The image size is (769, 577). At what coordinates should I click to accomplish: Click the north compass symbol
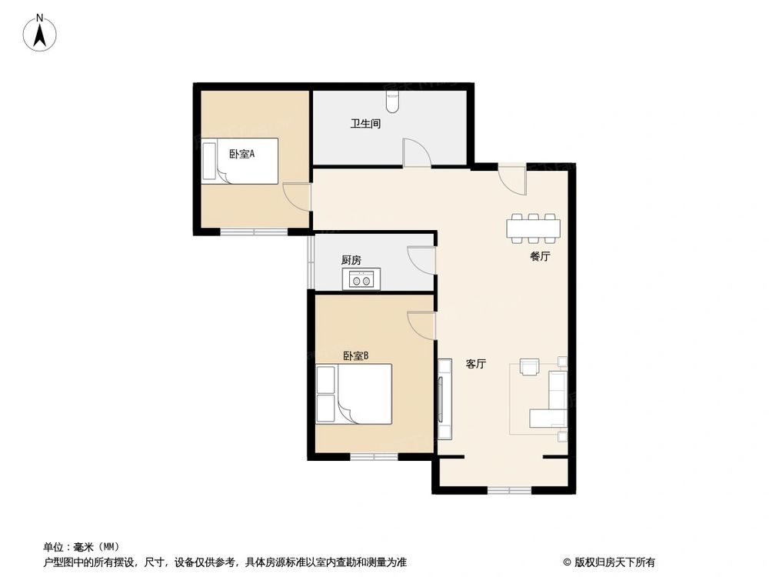pos(40,34)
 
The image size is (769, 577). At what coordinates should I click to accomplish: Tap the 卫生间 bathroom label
pos(365,123)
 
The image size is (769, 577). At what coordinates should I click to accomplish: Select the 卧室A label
pos(241,154)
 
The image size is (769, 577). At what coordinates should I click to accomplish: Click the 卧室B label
pos(356,355)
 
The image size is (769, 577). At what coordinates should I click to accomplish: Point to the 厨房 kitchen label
pos(351,260)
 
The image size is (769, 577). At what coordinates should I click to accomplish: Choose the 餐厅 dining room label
pos(540,257)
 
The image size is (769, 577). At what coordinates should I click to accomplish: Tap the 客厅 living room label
pos(475,364)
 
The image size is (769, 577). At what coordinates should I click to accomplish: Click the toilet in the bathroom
pos(394,99)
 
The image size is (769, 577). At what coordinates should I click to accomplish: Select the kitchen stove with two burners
pos(362,278)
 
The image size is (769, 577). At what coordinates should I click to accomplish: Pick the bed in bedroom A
pos(240,162)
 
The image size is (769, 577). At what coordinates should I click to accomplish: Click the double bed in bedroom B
pos(354,393)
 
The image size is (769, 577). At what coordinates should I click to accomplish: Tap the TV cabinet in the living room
pos(444,399)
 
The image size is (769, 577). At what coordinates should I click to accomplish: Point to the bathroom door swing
pos(416,152)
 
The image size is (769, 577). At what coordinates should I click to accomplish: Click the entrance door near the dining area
pos(512,178)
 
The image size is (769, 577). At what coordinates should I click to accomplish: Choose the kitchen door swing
pos(421,259)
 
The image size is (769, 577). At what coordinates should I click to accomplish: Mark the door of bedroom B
pos(421,325)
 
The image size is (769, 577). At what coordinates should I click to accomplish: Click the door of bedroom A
pos(296,197)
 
